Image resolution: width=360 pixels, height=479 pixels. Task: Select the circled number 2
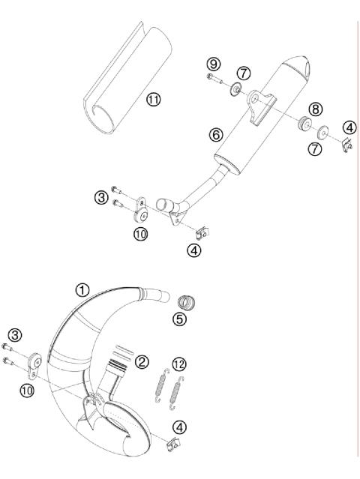(142, 362)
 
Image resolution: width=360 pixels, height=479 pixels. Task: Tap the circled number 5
(178, 319)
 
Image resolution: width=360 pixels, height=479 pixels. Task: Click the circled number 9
(213, 64)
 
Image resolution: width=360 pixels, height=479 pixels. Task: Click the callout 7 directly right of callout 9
(244, 72)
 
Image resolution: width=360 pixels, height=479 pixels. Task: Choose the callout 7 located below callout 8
(316, 150)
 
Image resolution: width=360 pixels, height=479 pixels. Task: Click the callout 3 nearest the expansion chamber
(14, 334)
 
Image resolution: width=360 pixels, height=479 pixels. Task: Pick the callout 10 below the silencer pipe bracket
(140, 234)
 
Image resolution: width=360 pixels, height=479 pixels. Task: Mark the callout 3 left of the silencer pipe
(100, 197)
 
